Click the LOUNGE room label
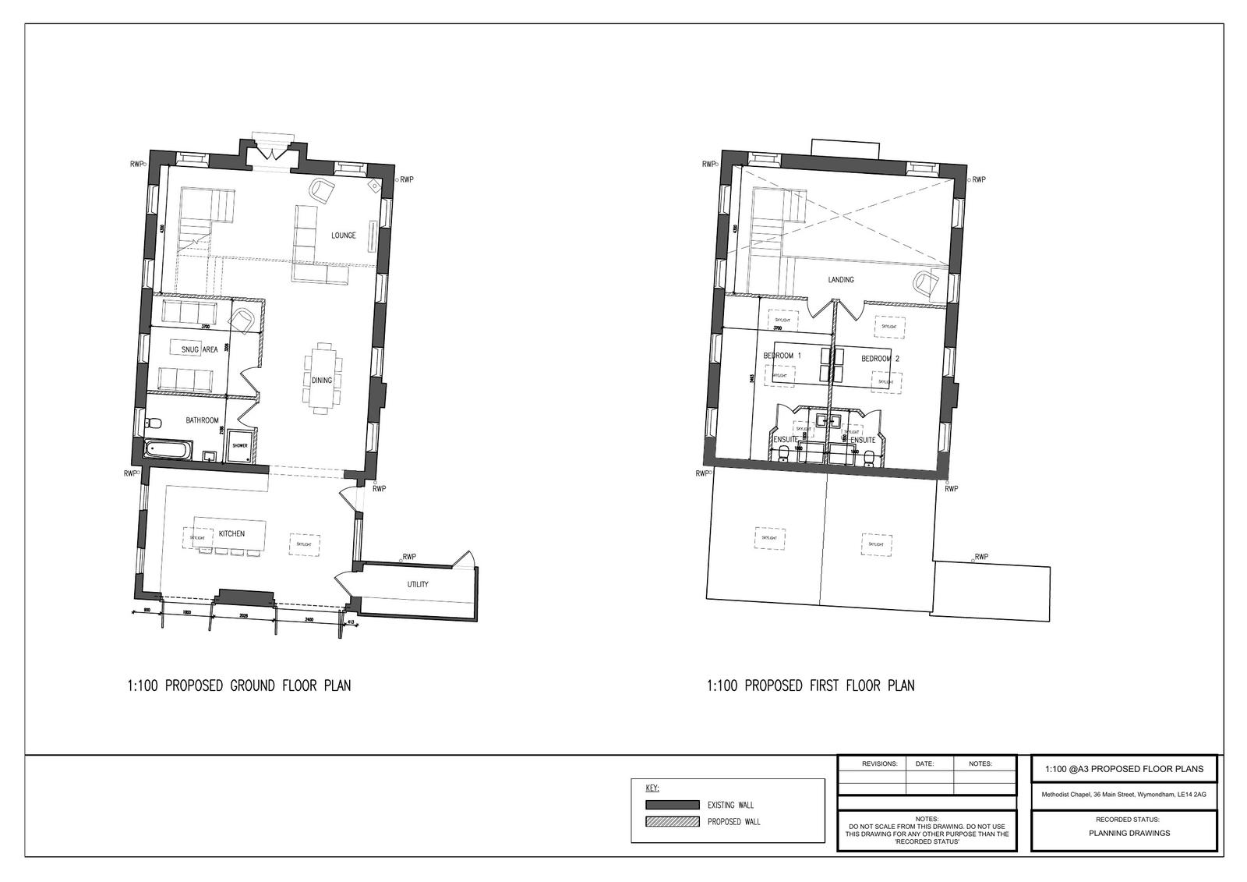click(x=343, y=236)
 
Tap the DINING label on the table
click(x=322, y=381)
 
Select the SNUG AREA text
click(x=200, y=350)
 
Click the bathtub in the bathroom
click(x=168, y=450)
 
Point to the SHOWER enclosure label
click(x=239, y=446)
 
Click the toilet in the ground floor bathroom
click(x=153, y=423)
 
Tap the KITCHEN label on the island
click(x=231, y=534)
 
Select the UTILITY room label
click(x=418, y=584)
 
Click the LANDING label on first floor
click(x=840, y=280)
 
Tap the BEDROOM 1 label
click(x=782, y=356)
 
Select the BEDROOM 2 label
click(x=880, y=359)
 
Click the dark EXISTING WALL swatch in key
click(x=672, y=805)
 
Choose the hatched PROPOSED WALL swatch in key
click(x=672, y=821)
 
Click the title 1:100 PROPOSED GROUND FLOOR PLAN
click(x=238, y=686)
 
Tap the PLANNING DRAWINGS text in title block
click(x=1122, y=833)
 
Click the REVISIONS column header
click(x=879, y=764)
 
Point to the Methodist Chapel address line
click(x=1123, y=795)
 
